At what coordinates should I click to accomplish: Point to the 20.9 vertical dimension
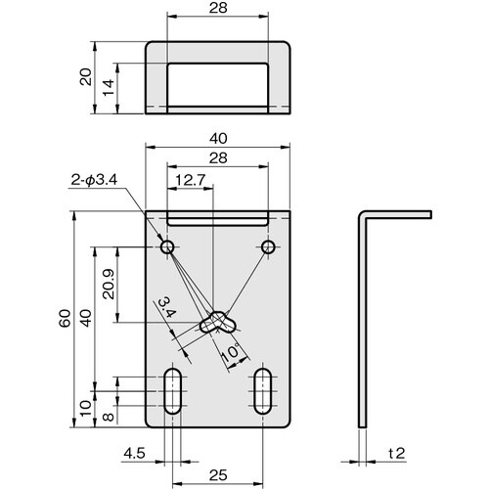click(108, 284)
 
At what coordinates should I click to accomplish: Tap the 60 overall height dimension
click(65, 320)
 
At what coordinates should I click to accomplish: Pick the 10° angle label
click(231, 350)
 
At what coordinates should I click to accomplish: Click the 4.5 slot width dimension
click(135, 453)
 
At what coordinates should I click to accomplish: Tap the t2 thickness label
click(396, 453)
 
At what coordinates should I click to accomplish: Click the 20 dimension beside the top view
click(85, 79)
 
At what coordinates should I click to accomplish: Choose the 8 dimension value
click(108, 414)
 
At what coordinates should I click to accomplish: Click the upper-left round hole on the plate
click(167, 244)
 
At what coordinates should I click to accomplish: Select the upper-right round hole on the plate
click(266, 244)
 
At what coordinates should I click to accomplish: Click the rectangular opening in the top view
click(219, 82)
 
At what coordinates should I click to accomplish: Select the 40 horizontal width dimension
click(219, 139)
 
